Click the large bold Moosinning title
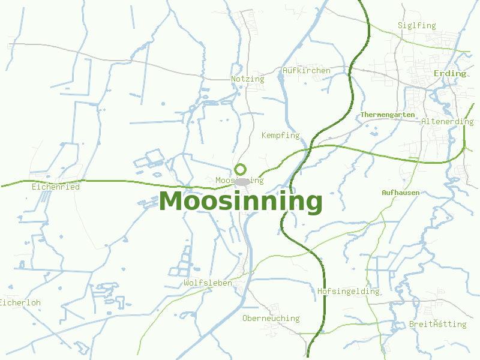(x=241, y=202)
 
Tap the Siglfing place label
(x=416, y=25)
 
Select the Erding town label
(x=449, y=73)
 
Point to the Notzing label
(x=247, y=79)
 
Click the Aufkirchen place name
(x=306, y=70)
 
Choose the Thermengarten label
(x=388, y=114)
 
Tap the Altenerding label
(x=447, y=121)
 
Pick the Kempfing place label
(x=280, y=135)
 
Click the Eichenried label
(x=55, y=187)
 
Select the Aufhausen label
(x=400, y=193)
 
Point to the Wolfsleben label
(x=208, y=283)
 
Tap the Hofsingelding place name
(x=348, y=291)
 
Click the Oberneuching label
(x=271, y=318)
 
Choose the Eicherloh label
(x=20, y=302)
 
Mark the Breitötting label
(x=437, y=324)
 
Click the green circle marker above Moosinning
(x=241, y=169)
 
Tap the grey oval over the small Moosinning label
(x=242, y=181)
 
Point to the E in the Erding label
(x=436, y=73)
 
